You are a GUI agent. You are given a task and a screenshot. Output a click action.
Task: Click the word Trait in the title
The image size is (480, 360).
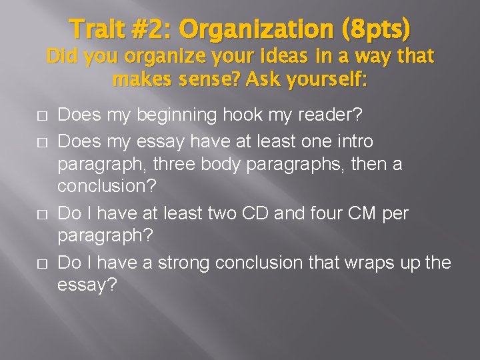click(x=99, y=29)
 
